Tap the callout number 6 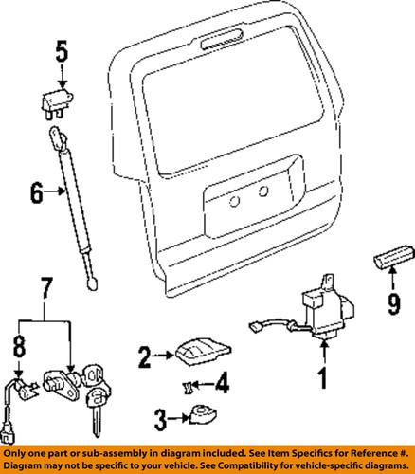click(36, 194)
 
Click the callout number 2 click(144, 357)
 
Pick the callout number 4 click(223, 384)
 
